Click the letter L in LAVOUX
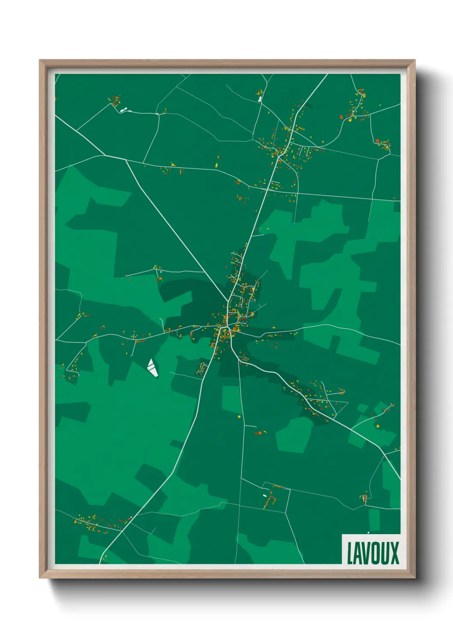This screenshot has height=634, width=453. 349,553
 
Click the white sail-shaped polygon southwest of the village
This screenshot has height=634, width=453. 152,368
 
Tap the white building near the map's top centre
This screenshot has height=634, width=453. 259,99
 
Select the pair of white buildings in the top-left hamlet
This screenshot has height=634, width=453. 123,111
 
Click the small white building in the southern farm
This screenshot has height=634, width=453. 265,496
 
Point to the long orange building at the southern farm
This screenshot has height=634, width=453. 278,487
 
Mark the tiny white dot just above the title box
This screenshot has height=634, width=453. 368,532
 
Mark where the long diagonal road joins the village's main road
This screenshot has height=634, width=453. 229,301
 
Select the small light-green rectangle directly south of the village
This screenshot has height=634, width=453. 232,399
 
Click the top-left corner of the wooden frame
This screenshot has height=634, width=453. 40,60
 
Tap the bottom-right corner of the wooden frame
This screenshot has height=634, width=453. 415,578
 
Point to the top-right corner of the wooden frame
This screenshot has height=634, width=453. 415,60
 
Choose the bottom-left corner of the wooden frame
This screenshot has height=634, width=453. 40,578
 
